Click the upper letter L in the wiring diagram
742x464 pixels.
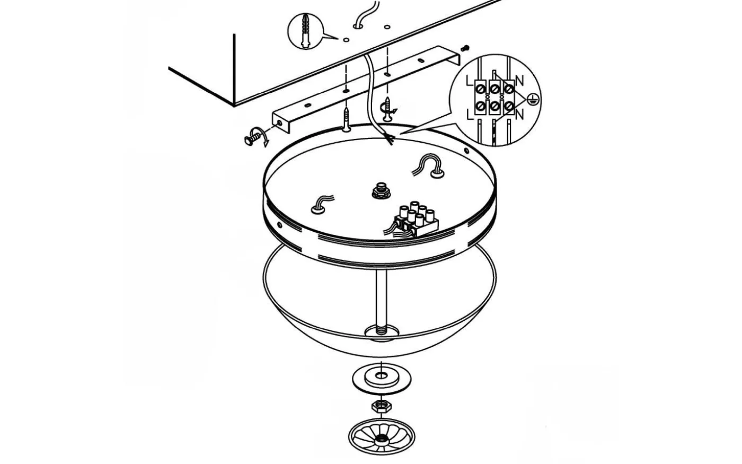pyautogui.click(x=469, y=81)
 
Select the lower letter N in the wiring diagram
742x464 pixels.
pyautogui.click(x=519, y=115)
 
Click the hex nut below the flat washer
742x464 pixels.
pyautogui.click(x=381, y=406)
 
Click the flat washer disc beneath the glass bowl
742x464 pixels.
pyautogui.click(x=381, y=379)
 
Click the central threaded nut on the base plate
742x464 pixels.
pyautogui.click(x=381, y=190)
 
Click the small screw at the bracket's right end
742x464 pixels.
pyautogui.click(x=465, y=48)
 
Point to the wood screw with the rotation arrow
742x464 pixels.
pyautogui.click(x=387, y=109)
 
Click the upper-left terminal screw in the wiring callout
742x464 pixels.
pyautogui.click(x=480, y=89)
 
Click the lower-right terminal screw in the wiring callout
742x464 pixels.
pyautogui.click(x=509, y=106)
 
